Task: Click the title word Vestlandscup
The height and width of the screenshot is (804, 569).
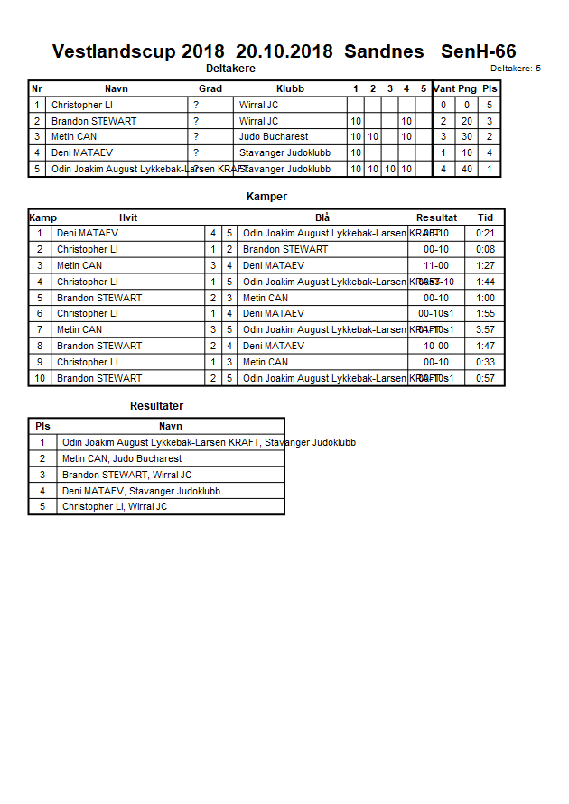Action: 114,51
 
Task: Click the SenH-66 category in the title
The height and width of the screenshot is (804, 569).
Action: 478,51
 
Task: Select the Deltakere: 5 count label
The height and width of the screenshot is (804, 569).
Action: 515,69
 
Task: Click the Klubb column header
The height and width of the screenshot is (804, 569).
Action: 290,89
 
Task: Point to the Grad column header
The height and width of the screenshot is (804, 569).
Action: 210,89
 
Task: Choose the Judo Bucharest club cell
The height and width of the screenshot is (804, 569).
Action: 274,137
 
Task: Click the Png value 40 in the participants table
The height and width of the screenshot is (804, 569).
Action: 467,169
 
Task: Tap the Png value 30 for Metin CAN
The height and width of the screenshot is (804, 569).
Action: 467,137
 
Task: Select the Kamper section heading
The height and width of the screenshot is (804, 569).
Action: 266,197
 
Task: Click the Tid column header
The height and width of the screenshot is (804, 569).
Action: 485,217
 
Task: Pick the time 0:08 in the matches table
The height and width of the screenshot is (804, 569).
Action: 485,250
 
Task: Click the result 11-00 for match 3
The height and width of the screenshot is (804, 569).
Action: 436,266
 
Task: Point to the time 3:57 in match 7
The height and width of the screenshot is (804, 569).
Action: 485,330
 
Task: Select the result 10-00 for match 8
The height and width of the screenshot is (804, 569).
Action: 436,347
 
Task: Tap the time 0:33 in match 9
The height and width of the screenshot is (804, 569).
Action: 485,363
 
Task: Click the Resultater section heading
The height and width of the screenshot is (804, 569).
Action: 156,406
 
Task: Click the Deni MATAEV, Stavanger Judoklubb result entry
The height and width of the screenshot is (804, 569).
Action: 141,491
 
